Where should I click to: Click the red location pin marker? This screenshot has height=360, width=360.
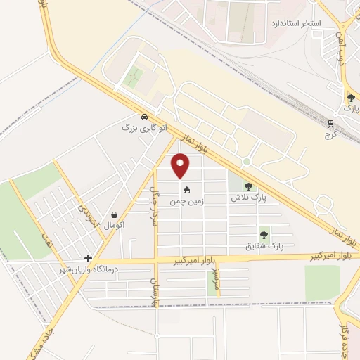point(181,165)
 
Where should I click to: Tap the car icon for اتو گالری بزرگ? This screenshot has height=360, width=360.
point(143,117)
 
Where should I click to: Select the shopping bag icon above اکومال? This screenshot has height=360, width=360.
point(114,215)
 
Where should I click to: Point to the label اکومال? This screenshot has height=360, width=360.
point(114,226)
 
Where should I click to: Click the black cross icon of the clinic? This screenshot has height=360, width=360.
point(88,258)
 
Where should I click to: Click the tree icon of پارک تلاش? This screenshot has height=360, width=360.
point(248,186)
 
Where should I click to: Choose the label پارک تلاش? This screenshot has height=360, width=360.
point(250,198)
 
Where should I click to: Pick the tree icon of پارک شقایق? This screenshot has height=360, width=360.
point(264,235)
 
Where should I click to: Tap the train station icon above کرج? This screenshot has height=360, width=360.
point(330,124)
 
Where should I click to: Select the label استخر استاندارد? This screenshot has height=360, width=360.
point(297,23)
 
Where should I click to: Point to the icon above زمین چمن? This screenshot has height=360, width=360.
point(186,189)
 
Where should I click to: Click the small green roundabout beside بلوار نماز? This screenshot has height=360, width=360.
point(247,162)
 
